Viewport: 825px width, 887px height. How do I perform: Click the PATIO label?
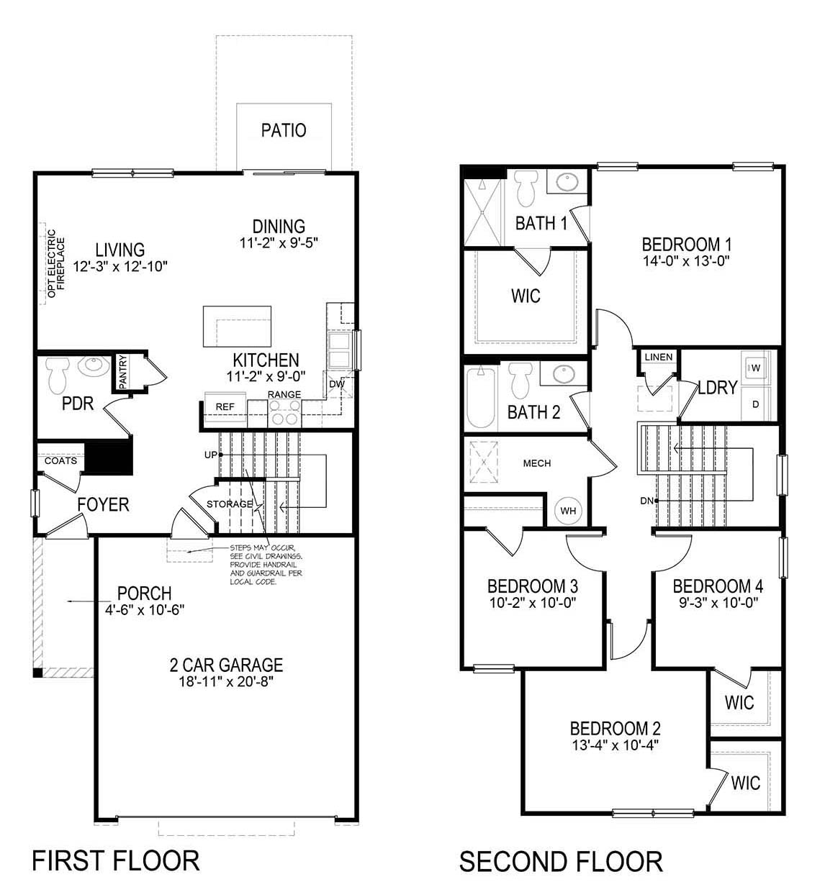point(284,130)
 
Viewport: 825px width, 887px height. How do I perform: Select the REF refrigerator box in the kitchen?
point(225,406)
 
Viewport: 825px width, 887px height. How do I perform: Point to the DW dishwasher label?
point(336,384)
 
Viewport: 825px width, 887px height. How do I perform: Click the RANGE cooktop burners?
point(284,412)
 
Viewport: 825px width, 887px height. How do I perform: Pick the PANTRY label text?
point(122,372)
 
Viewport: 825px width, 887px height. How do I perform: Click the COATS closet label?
point(60,460)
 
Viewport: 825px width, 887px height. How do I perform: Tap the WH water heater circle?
point(569,511)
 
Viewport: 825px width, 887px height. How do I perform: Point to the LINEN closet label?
point(659,357)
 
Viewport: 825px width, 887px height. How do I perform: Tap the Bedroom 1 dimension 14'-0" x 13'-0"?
point(686,261)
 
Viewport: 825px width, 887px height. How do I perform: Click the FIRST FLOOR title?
point(116,860)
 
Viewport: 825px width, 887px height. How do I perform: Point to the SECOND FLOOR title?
point(561,861)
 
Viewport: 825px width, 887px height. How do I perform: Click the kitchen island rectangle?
point(237,326)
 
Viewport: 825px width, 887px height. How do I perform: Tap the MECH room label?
point(537,463)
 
